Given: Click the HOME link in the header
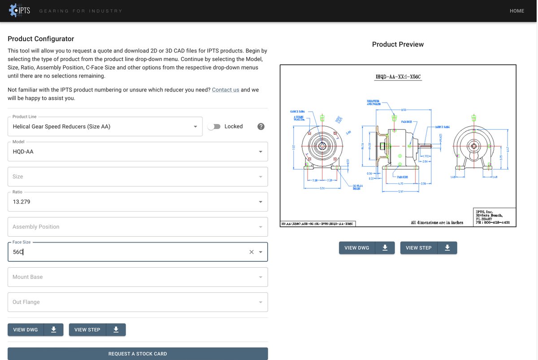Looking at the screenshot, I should point(516,11).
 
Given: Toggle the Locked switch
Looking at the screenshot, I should point(214,126).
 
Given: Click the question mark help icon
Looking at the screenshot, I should point(261,126).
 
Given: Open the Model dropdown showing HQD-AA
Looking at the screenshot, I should point(138,152).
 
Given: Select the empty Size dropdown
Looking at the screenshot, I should point(138,177).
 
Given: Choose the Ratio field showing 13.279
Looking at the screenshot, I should point(138,202).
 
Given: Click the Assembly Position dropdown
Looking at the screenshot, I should point(138,227).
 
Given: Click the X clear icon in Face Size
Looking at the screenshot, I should point(252,252).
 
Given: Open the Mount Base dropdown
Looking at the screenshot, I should point(138,277).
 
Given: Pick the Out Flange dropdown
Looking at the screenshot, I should point(138,302).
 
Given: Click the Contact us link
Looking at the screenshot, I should point(226,90).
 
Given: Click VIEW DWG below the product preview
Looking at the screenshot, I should point(357,248).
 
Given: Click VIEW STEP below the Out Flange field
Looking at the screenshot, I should point(87,330).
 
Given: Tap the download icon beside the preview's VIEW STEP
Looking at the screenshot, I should point(447,248).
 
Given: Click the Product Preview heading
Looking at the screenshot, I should point(398,44).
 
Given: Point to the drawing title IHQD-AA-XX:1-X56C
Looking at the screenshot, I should point(398,77).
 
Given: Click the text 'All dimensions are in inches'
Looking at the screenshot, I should point(437,222).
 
